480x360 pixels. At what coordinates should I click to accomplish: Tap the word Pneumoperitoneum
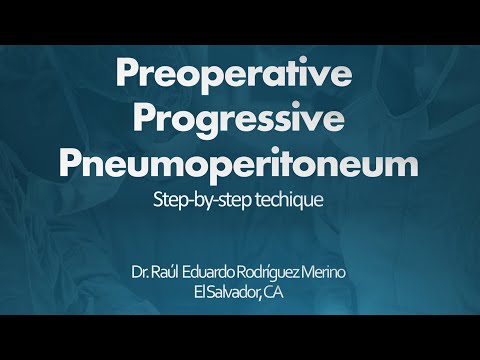[240, 163]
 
